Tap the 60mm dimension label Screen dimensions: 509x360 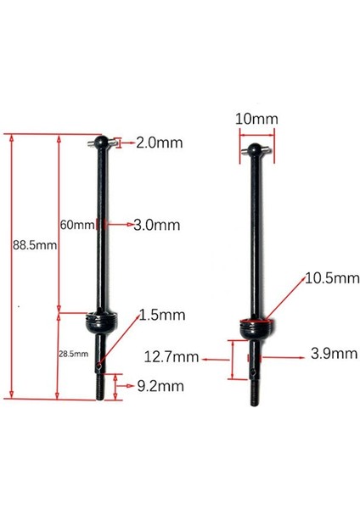pyautogui.click(x=76, y=225)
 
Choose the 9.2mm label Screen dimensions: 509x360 pyautogui.click(x=160, y=386)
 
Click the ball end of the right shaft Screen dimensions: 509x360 pyautogui.click(x=253, y=151)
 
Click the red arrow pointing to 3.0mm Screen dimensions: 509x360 pyautogui.click(x=119, y=225)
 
